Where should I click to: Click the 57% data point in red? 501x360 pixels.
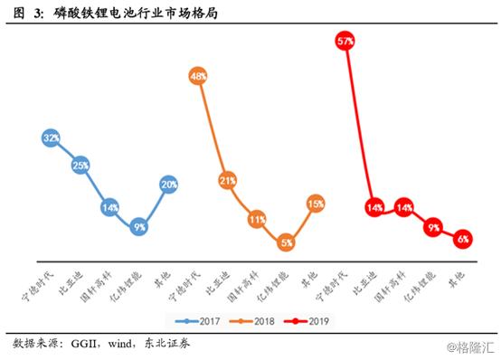tap(345, 42)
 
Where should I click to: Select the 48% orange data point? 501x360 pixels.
tap(198, 77)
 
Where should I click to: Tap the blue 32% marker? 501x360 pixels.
tap(52, 137)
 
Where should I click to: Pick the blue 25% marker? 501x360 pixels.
tap(80, 166)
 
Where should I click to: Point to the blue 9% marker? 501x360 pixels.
tap(139, 227)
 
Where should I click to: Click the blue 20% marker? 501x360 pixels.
tap(168, 185)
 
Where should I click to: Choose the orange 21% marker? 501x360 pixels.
tap(227, 180)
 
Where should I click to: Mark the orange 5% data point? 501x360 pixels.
tap(286, 242)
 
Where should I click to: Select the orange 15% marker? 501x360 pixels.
tap(316, 204)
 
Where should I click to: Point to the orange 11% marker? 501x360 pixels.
tap(257, 219)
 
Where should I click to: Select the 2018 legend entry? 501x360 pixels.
tap(257, 320)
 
